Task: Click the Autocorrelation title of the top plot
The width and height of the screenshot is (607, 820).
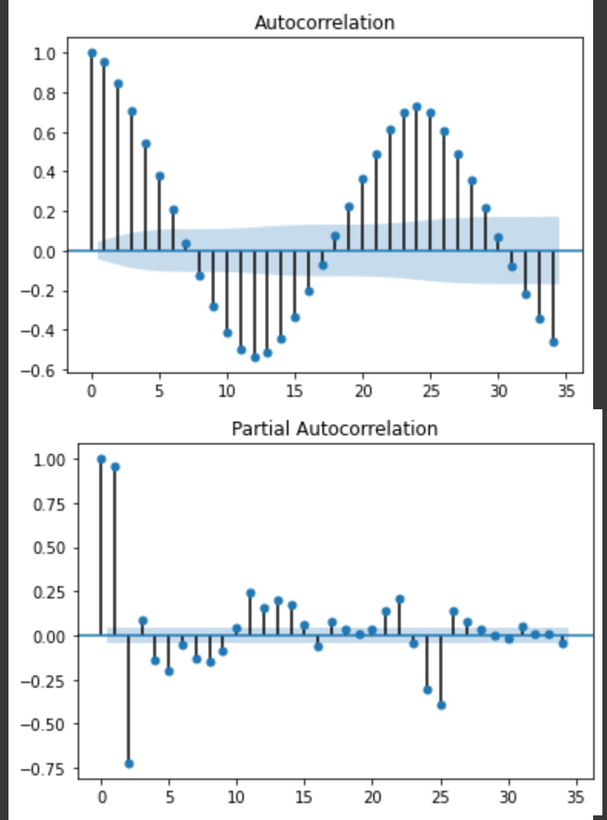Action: pos(325,22)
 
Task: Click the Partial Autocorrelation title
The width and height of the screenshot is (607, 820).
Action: pos(335,428)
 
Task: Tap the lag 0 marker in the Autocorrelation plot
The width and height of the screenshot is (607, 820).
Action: pos(92,53)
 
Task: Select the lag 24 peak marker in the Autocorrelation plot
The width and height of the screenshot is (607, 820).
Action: pos(417,107)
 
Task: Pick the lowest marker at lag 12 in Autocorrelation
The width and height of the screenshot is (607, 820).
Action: pos(255,357)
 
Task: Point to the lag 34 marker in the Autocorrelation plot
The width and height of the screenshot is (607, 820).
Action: pos(553,342)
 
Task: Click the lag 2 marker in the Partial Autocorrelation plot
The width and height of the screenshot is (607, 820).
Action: pos(128,764)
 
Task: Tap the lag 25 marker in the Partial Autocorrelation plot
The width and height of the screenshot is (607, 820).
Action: pos(441,705)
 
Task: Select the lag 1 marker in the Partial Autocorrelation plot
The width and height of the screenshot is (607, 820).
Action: pos(115,467)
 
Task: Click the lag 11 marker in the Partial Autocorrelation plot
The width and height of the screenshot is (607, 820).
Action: pos(251,593)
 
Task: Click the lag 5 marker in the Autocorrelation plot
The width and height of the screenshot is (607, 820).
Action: pos(159,176)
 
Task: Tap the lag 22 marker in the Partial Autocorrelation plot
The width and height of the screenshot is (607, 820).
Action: pos(400,599)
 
